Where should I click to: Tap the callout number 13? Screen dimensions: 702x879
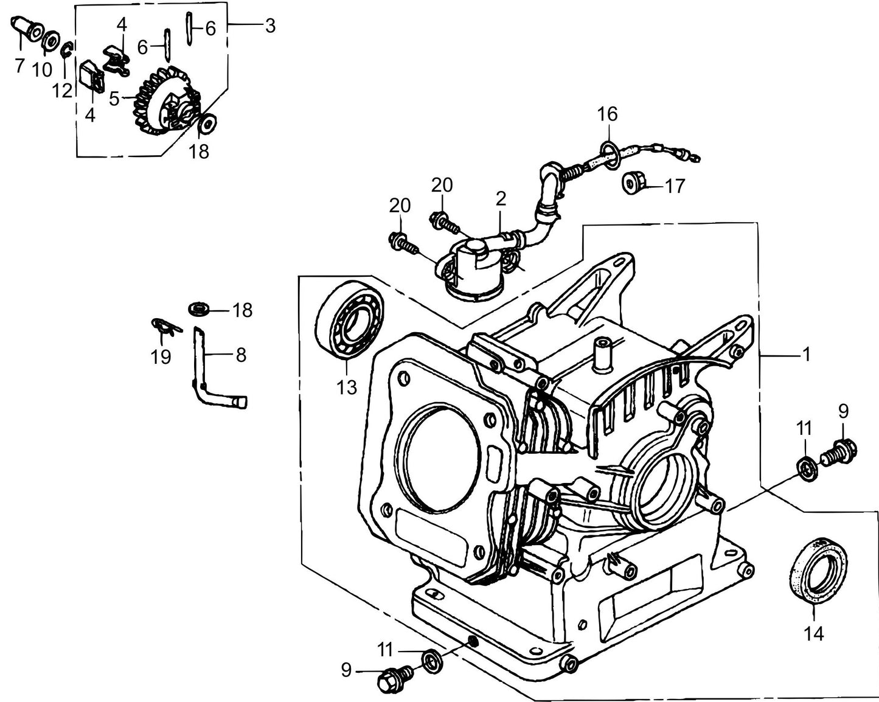pyautogui.click(x=347, y=387)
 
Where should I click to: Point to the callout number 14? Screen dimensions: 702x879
pyautogui.click(x=813, y=634)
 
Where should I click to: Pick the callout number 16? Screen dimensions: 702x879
pyautogui.click(x=606, y=114)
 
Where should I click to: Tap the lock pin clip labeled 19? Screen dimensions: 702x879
pyautogui.click(x=165, y=327)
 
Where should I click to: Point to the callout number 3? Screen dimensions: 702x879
pyautogui.click(x=269, y=26)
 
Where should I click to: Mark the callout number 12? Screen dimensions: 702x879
pyautogui.click(x=62, y=91)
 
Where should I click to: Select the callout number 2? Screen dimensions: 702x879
pyautogui.click(x=501, y=198)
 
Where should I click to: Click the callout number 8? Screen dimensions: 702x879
pyautogui.click(x=241, y=355)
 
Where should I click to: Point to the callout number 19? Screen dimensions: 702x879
pyautogui.click(x=161, y=357)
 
